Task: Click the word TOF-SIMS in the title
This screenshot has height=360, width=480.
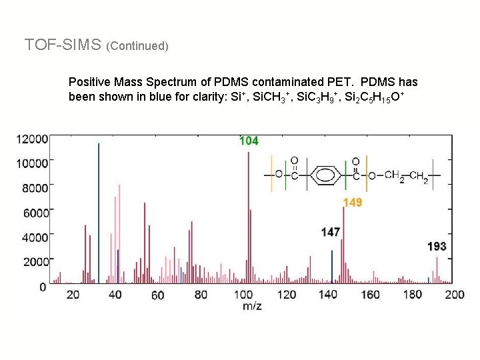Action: pos(63,45)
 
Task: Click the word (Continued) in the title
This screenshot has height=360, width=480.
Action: pos(137,46)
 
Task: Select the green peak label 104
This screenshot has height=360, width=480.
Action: pos(249,141)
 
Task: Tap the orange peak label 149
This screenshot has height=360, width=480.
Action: pos(353,203)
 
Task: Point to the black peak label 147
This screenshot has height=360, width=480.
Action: pos(330,232)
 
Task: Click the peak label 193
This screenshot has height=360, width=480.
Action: pos(437,247)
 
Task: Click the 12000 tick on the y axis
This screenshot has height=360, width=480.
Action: pos(33,139)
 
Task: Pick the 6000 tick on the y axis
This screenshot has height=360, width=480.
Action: pos(35,213)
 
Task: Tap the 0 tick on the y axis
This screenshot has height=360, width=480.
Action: pos(43,287)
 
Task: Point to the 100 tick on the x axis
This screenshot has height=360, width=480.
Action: pos(243,295)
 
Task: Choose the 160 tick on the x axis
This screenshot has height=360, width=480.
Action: pos(370,295)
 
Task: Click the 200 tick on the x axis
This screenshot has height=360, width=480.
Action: pos(455,295)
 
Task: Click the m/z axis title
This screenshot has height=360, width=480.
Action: pos(251,306)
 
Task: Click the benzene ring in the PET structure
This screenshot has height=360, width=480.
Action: pos(324,175)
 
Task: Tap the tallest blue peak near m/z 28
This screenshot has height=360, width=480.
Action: pos(99,213)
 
